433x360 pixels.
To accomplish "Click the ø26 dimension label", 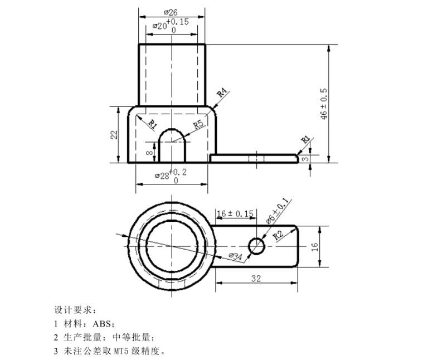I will pyautogui.click(x=171, y=12).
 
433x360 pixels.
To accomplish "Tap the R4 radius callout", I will pyautogui.click(x=222, y=93).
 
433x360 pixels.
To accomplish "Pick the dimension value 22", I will pyautogui.click(x=114, y=135).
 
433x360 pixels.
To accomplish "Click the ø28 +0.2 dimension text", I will pyautogui.click(x=171, y=176).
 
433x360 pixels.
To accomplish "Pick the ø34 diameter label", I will pyautogui.click(x=235, y=257).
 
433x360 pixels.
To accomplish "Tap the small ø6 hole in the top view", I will pyautogui.click(x=256, y=246).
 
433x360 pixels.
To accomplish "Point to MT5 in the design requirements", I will pyautogui.click(x=123, y=351).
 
